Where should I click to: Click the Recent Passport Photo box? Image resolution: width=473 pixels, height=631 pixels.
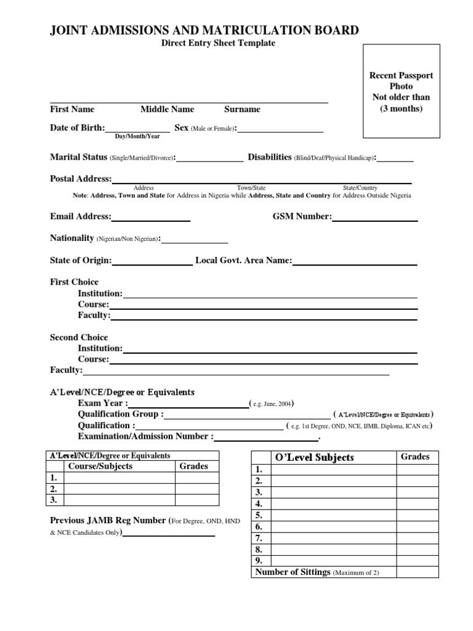pyautogui.click(x=401, y=92)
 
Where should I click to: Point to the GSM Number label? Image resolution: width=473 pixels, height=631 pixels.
pyautogui.click(x=302, y=216)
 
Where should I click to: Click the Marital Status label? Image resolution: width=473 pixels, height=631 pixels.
pyautogui.click(x=78, y=157)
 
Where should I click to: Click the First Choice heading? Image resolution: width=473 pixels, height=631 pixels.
pyautogui.click(x=74, y=282)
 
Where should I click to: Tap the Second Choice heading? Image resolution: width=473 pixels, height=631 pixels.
pyautogui.click(x=79, y=337)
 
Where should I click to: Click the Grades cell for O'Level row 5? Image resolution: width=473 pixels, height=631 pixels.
pyautogui.click(x=417, y=515)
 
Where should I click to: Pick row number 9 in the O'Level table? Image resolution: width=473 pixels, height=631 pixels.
pyautogui.click(x=259, y=560)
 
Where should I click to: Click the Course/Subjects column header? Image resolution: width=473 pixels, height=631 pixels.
pyautogui.click(x=100, y=466)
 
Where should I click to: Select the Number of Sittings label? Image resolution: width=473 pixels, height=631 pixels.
pyautogui.click(x=293, y=572)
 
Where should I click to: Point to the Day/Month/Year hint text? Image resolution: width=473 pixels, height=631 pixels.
pyautogui.click(x=137, y=136)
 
